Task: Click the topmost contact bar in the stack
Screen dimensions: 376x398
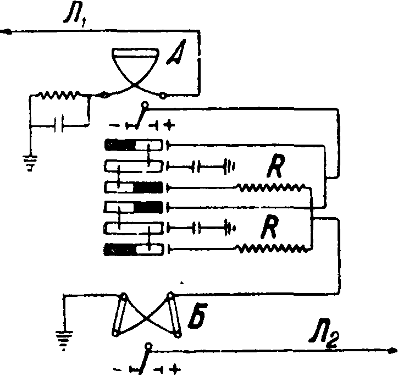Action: coord(134,145)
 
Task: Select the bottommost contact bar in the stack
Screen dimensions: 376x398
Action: coord(134,250)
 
